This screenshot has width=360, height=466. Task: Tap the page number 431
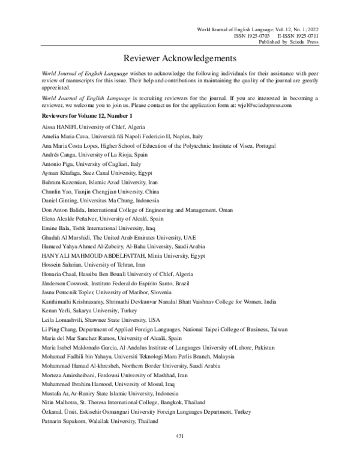click(x=179, y=453)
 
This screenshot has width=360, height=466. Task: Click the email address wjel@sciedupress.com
click(x=282, y=104)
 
